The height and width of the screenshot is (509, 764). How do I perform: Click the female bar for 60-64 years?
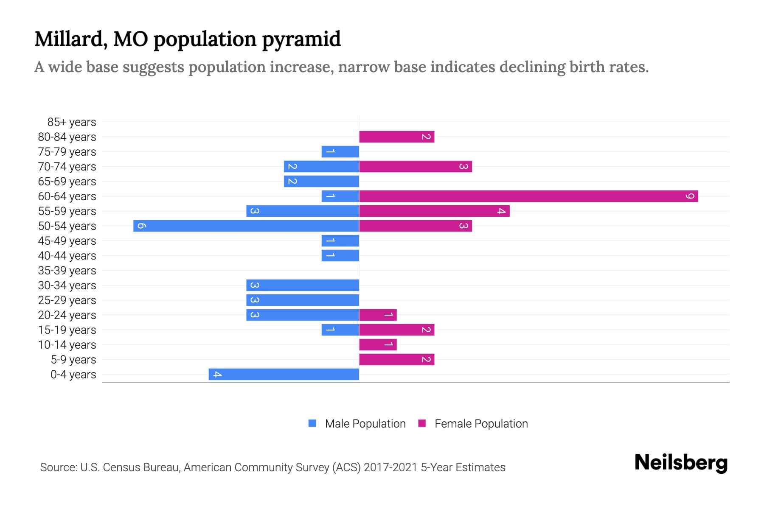(x=528, y=196)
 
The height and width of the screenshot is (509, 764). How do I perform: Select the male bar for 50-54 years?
(x=246, y=226)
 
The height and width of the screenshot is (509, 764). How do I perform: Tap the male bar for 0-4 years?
(x=284, y=374)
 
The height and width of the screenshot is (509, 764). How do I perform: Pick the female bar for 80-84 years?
(x=396, y=137)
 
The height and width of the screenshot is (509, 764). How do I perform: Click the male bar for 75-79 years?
(x=340, y=151)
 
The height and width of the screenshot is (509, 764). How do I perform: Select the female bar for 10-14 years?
(x=378, y=344)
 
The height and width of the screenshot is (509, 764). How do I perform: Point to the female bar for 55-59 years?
(x=434, y=211)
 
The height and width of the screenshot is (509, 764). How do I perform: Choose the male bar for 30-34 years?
(x=303, y=285)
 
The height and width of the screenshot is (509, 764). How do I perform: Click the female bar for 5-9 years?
(x=396, y=359)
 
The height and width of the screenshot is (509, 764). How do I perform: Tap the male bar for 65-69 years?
(x=321, y=181)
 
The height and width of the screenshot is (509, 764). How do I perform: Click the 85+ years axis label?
(x=71, y=122)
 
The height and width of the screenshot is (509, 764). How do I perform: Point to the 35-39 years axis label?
(x=67, y=271)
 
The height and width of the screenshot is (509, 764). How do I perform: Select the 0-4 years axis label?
(x=73, y=375)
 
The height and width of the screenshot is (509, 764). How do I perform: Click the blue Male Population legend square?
(x=312, y=423)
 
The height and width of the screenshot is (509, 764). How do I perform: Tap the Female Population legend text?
(x=481, y=423)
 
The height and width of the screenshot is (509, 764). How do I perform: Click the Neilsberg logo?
(x=681, y=463)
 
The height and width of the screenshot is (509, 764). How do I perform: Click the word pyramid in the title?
(x=301, y=39)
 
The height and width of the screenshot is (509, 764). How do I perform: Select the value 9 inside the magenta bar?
(x=690, y=196)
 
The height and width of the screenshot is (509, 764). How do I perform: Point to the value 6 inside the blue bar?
(x=142, y=226)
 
